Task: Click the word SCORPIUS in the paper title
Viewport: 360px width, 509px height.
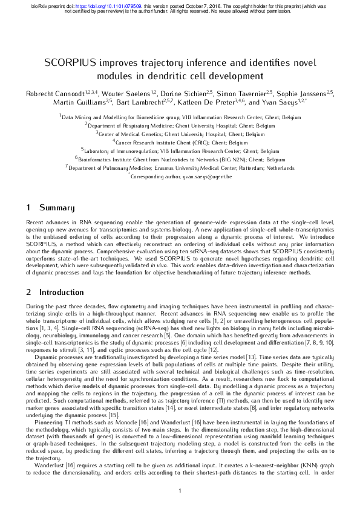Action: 71,63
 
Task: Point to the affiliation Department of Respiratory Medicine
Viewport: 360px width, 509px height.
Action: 181,125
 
